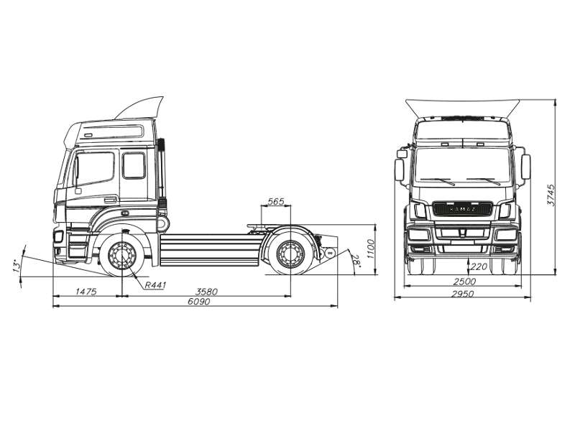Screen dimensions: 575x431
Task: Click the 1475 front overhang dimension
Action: tap(86, 292)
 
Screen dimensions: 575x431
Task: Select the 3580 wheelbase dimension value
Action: tap(206, 292)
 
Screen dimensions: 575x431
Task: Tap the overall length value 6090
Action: tap(199, 302)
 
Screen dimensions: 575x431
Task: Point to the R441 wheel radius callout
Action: tap(155, 284)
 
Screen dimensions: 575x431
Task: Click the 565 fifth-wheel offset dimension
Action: tap(276, 202)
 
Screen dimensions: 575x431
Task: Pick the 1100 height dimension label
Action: tap(370, 249)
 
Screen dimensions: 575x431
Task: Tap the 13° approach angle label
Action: tap(16, 266)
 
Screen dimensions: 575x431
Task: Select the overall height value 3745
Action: tap(551, 195)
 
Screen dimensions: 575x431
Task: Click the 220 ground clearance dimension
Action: tap(479, 267)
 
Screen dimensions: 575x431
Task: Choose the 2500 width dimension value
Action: tap(464, 282)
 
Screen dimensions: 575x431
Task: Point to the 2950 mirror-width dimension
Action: tap(463, 294)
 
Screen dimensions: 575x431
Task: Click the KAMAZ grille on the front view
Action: tap(463, 209)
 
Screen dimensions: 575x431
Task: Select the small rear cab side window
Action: tap(134, 166)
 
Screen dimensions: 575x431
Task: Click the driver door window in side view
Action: tap(95, 169)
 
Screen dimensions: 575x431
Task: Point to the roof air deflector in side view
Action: tap(139, 108)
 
